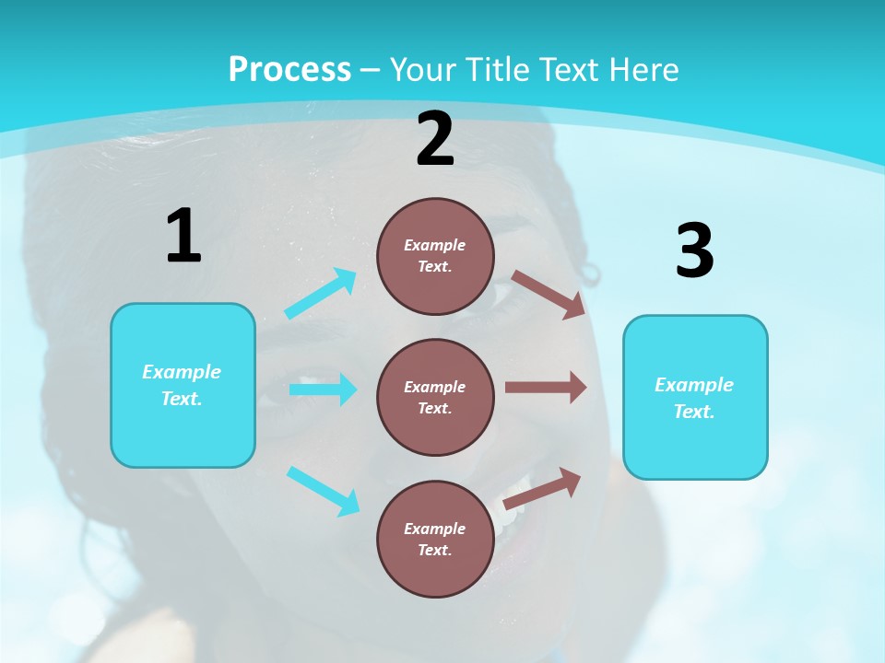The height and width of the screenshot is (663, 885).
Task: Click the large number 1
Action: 183,237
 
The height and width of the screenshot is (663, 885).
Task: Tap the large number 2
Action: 435,139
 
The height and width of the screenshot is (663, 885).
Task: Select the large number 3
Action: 694,251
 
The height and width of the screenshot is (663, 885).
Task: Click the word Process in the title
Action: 289,69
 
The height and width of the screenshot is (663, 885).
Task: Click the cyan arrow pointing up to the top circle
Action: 321,294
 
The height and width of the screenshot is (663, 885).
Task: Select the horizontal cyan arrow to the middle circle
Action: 323,390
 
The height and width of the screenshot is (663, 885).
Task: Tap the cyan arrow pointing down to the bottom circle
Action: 323,490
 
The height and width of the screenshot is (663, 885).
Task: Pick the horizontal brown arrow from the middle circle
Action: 546,388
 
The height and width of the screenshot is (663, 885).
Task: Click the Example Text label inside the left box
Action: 182,385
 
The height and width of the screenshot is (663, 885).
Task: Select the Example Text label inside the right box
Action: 694,398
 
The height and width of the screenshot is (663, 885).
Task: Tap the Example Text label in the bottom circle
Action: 435,539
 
